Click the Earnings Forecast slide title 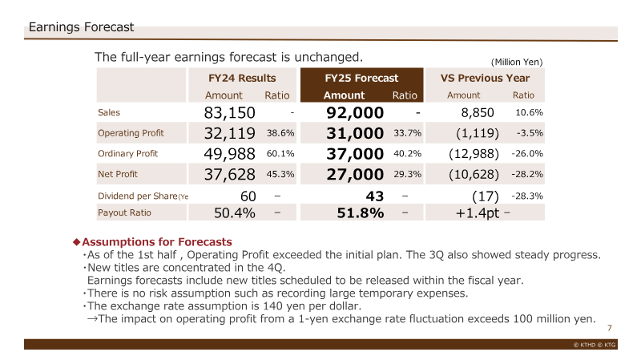81,27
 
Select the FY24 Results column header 242,78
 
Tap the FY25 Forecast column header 361,78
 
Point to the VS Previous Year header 485,78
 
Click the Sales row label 109,112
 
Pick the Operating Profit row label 131,133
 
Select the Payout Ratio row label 124,212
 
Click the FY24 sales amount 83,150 229,112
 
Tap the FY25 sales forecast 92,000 355,112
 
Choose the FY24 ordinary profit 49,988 229,154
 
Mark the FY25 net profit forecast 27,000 355,174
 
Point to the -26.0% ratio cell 527,153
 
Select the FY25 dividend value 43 375,196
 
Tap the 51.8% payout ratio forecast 360,212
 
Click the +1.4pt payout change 478,213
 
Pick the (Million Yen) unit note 517,62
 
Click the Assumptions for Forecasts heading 157,242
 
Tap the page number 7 610,328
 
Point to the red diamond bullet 76,242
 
